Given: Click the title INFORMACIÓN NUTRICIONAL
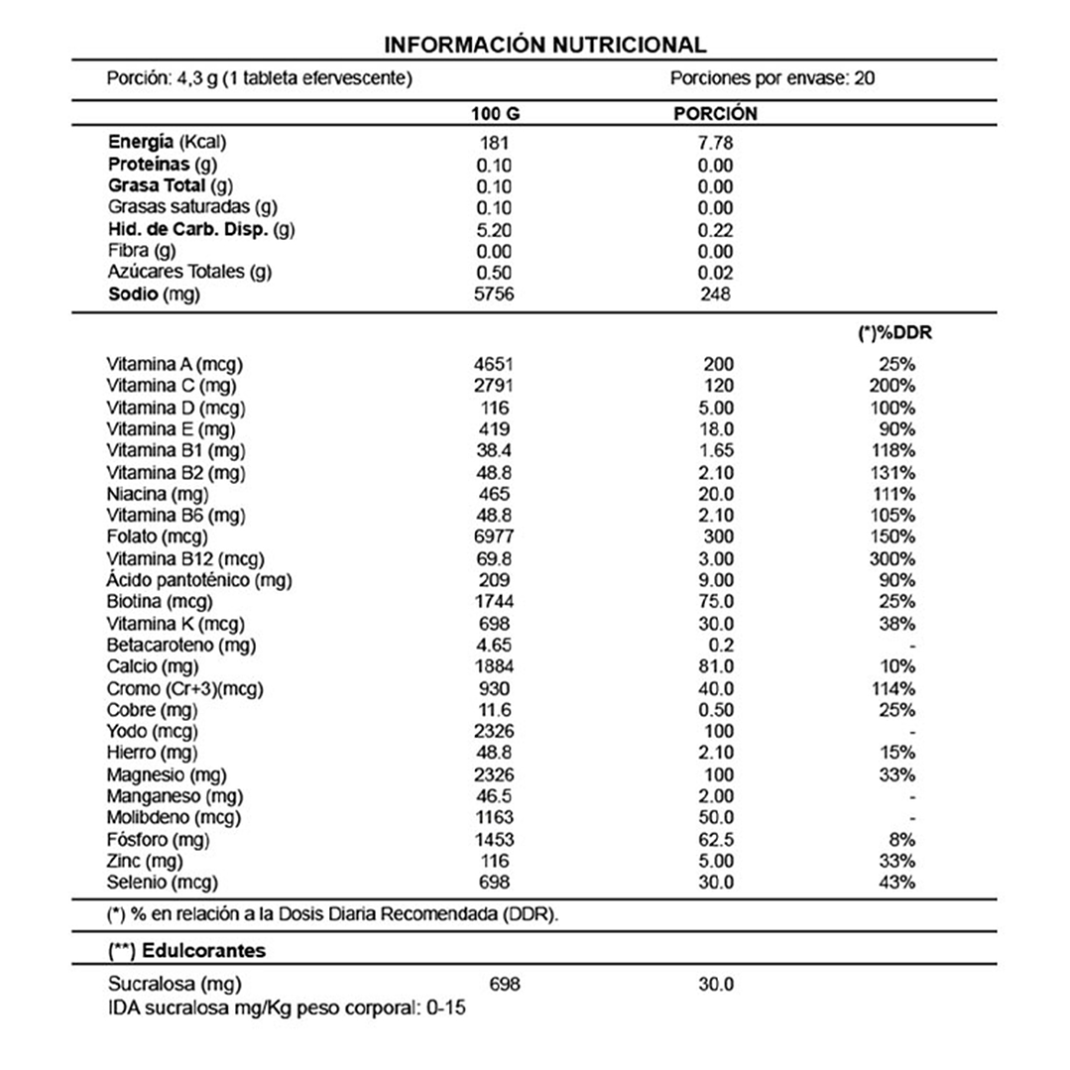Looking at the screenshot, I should pos(544,45).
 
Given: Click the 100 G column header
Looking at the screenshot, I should pos(495,114).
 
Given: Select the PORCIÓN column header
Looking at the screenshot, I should pos(715,114).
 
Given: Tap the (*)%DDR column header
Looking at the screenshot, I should pos(893,334).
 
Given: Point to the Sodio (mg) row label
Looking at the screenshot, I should pos(160,295).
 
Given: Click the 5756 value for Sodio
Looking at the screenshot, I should pos(494,295).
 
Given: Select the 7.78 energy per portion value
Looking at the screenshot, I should pos(714,142).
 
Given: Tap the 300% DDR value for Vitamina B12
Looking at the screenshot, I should pos(894,559).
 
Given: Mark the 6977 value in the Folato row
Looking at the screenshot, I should pos(494,537).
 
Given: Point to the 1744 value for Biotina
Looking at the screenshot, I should pos(494,602).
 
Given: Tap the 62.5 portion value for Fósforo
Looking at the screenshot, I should pos(715,840).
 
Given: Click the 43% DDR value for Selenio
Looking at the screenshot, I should pos(897,883).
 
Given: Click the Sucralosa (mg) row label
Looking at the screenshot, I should pos(174,985).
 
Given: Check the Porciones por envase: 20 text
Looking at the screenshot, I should pos(772,78).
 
